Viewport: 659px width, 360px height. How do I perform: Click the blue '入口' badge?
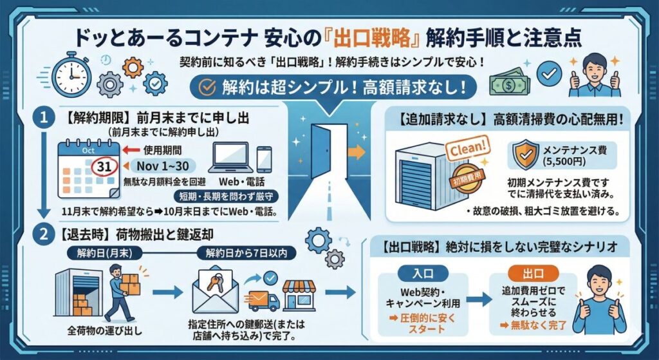418,270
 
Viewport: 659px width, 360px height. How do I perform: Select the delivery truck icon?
262,300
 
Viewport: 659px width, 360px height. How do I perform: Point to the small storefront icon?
299,296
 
